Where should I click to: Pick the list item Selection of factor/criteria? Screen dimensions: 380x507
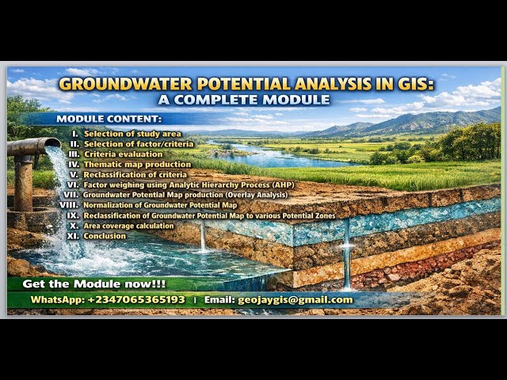[139, 144]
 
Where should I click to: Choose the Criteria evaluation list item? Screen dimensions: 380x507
[123, 154]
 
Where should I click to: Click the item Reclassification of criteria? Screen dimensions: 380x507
[135, 174]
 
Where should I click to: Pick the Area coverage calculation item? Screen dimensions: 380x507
[128, 226]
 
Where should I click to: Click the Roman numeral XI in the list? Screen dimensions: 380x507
[72, 236]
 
